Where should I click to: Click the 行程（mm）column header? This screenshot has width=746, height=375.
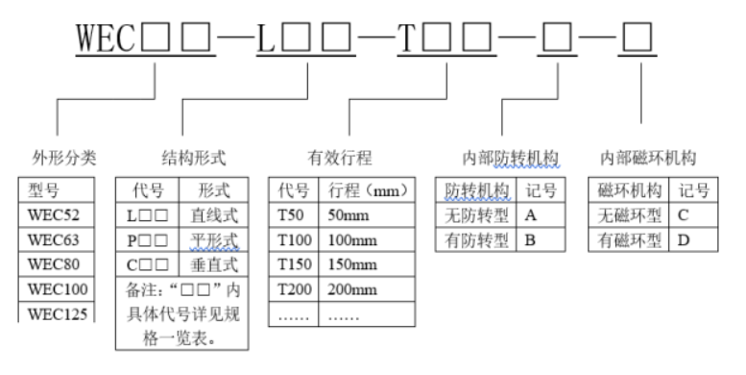coord(366,188)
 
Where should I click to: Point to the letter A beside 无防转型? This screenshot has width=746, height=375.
coord(530,213)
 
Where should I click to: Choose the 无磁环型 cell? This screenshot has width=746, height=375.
coord(627,213)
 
